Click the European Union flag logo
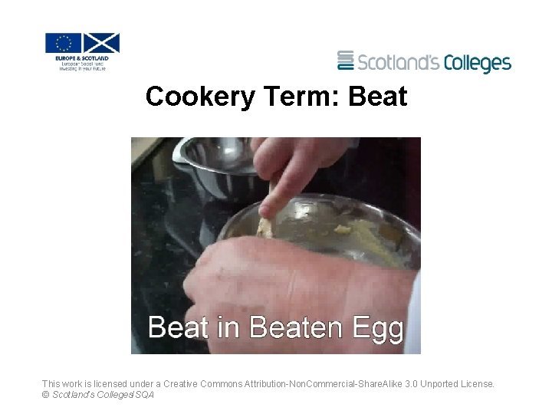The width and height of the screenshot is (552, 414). tap(63, 43)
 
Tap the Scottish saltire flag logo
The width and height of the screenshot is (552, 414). tap(101, 43)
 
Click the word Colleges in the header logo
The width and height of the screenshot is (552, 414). tap(472, 62)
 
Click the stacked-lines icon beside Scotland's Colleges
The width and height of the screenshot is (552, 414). tap(346, 61)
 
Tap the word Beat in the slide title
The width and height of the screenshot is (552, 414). tap(378, 97)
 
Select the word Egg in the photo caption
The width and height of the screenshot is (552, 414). tap(377, 329)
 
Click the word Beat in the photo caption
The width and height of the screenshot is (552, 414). tap(179, 327)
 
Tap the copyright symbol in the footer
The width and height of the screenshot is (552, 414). tap(45, 395)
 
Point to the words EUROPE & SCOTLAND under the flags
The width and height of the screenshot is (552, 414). tap(82, 58)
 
